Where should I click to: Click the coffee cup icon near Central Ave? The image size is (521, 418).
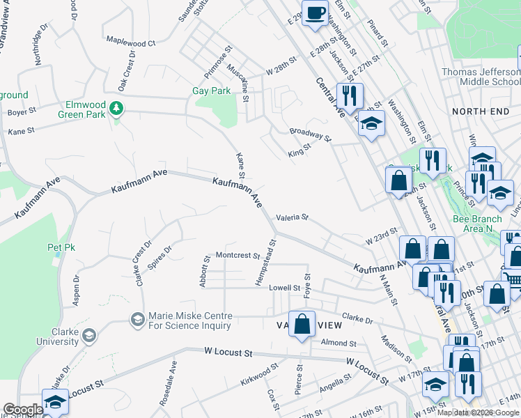(x=315, y=13)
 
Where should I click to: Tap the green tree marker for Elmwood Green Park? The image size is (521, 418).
(x=117, y=108)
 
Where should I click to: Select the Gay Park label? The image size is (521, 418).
(x=211, y=91)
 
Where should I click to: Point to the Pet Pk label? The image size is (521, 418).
(x=61, y=247)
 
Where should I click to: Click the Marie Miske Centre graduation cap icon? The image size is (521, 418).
(x=137, y=319)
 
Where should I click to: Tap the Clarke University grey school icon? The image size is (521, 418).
(x=88, y=336)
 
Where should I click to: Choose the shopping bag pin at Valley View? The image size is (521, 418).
(x=302, y=325)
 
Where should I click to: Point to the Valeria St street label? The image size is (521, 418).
(x=292, y=217)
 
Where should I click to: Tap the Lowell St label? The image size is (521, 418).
(x=286, y=288)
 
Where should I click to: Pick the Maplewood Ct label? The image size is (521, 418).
(x=130, y=43)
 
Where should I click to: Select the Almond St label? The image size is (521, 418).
(x=339, y=343)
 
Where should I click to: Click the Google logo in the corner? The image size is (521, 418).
(x=22, y=410)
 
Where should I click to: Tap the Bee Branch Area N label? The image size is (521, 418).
(x=477, y=224)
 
